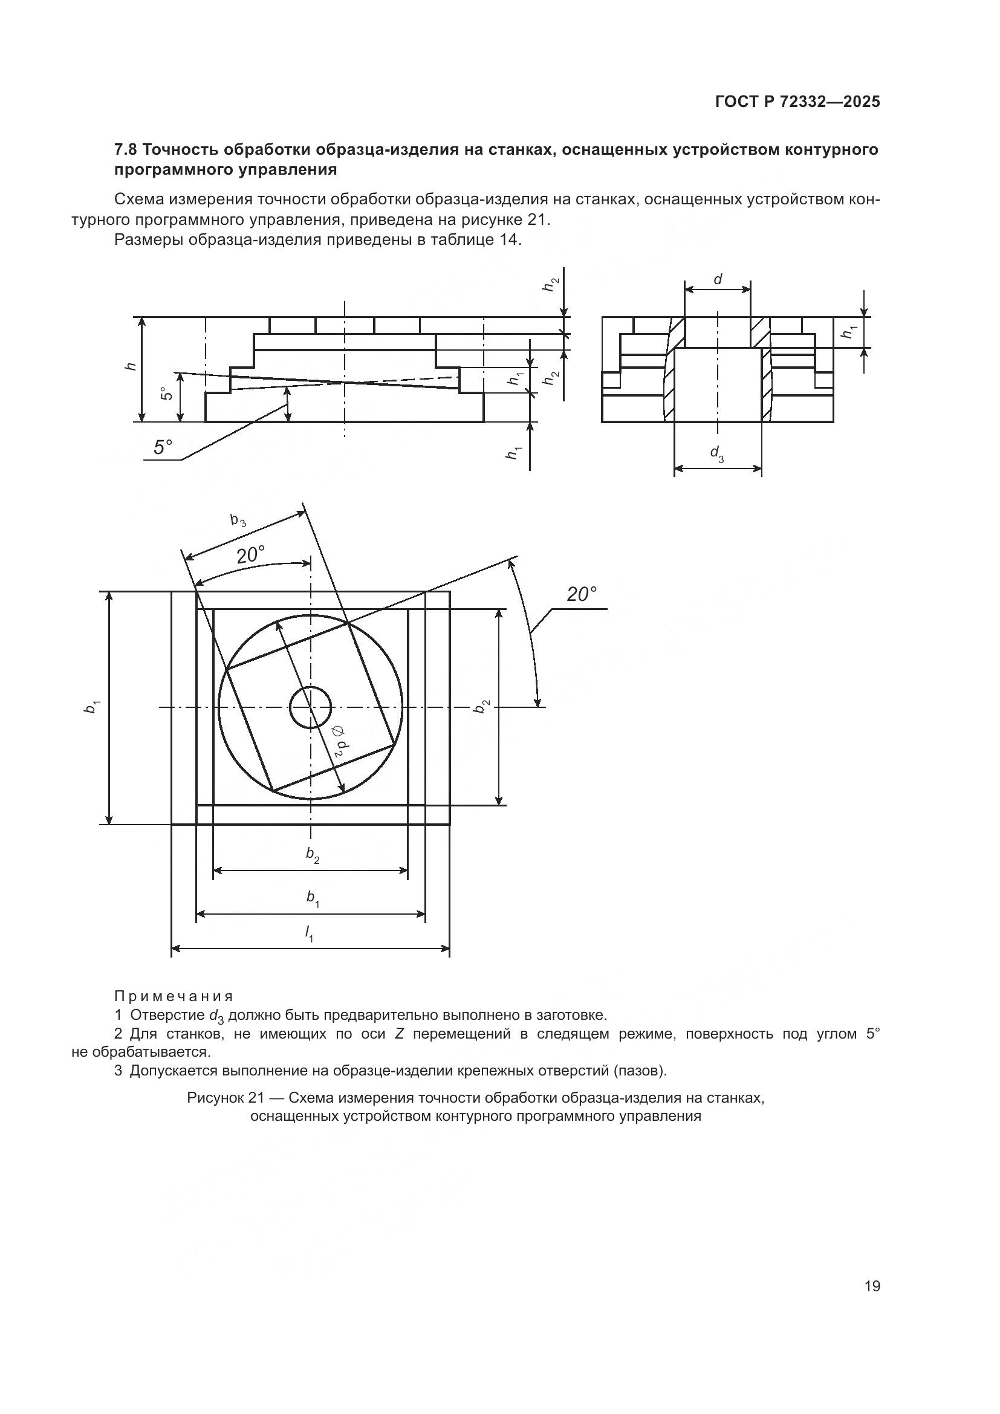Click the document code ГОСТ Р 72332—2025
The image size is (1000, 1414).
coord(797,102)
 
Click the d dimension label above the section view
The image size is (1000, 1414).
coord(718,281)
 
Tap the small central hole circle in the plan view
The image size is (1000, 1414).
coord(310,708)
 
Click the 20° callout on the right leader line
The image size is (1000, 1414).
coord(581,594)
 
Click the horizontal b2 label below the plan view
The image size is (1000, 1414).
coord(313,855)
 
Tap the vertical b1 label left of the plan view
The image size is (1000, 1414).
coord(92,707)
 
